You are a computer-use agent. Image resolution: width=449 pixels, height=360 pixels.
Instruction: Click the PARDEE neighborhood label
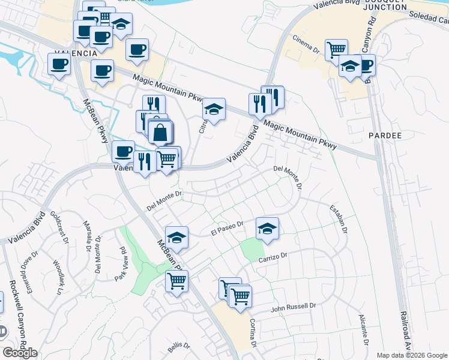[385, 136]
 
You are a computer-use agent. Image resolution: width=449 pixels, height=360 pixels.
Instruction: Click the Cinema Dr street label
[306, 47]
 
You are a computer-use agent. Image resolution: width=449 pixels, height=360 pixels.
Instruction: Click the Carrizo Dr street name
[274, 256]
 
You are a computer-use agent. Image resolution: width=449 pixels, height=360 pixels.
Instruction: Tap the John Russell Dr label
[293, 307]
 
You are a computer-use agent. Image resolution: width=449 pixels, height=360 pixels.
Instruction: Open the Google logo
[20, 353]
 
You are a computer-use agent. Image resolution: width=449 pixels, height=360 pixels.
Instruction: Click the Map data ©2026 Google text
[412, 355]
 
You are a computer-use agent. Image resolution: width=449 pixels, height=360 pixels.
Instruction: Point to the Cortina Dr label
[253, 336]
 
